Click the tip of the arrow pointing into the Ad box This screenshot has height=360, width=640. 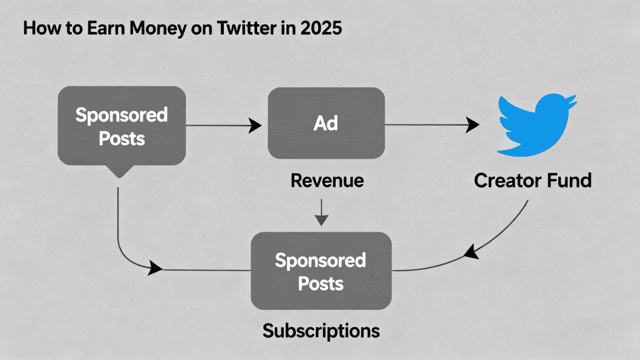tap(262, 125)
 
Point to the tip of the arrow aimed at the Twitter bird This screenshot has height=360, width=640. tap(479, 125)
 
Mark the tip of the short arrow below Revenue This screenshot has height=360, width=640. tap(322, 226)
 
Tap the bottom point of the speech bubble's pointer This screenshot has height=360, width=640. tap(119, 178)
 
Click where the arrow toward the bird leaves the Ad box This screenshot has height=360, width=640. tap(385, 125)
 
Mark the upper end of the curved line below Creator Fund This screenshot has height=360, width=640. tap(527, 200)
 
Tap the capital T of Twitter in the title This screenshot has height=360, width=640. tap(222, 28)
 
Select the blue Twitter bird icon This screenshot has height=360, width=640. tap(537, 125)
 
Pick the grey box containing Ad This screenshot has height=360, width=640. tap(326, 123)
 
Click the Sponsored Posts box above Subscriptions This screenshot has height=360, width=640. tap(321, 270)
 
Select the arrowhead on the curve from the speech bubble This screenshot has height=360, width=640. tap(155, 268)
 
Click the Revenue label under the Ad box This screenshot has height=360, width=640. tap(327, 180)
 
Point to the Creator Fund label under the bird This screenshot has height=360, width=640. tap(533, 180)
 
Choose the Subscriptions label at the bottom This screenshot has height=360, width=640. tap(321, 330)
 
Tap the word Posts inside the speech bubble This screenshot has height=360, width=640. tap(122, 139)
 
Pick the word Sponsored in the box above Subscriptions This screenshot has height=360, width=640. tap(321, 261)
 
